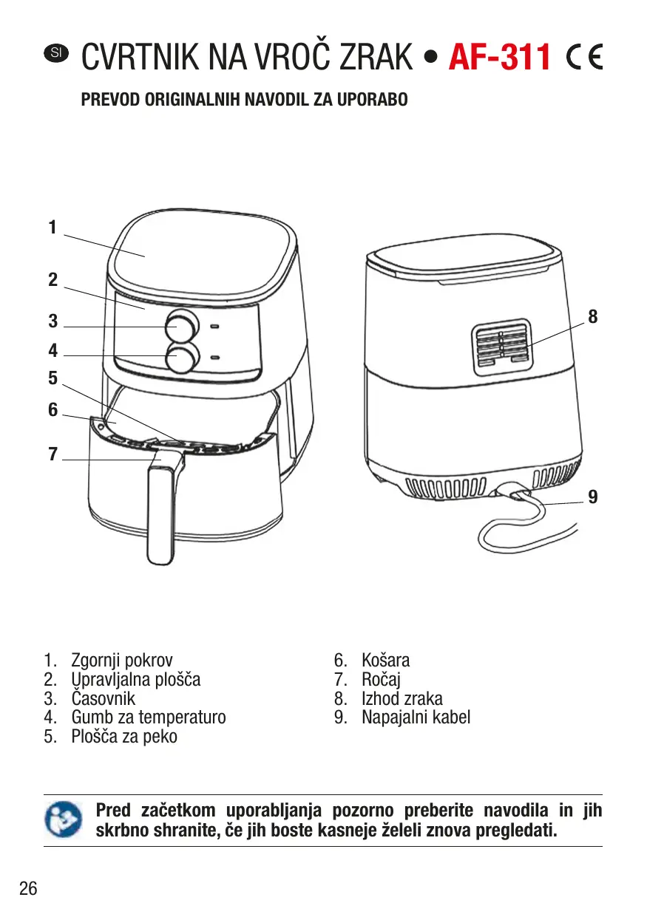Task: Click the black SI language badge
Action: click(x=56, y=52)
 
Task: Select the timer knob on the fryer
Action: click(x=182, y=325)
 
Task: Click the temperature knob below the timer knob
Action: click(x=182, y=357)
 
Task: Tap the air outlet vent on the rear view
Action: click(x=501, y=344)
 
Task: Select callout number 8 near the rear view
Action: click(x=592, y=317)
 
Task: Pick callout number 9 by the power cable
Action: click(x=592, y=497)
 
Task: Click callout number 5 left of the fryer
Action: click(x=52, y=378)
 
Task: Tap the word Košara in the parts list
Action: click(x=385, y=661)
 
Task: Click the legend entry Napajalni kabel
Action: click(x=416, y=717)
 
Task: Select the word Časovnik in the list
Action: click(x=103, y=698)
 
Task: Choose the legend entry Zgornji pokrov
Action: click(x=121, y=661)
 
